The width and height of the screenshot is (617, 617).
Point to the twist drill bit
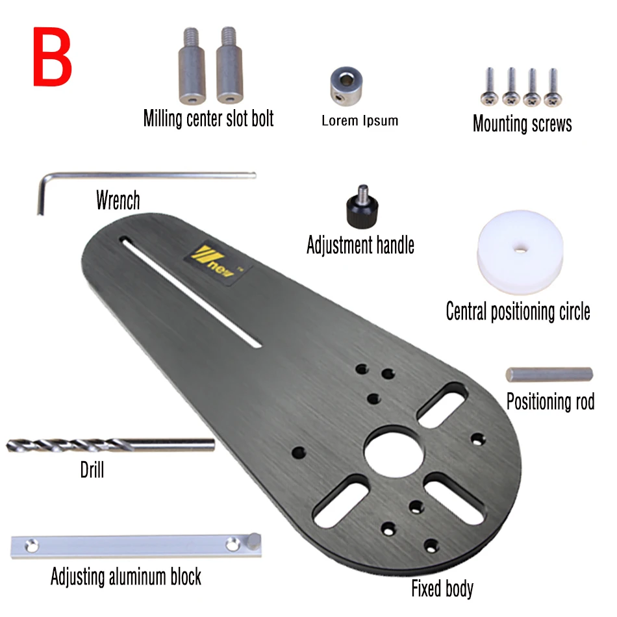110,445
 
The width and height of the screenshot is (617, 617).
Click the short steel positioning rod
549,375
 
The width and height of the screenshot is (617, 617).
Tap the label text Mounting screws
522,123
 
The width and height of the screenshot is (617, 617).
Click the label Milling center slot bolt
208,119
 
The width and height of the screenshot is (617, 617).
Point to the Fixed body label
442,589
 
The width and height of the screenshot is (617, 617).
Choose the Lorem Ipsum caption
360,120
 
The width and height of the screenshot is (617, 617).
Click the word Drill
92,470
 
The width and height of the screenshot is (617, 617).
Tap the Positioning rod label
550,401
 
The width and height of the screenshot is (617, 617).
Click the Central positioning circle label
518,311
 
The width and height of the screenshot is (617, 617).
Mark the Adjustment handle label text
360,246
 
